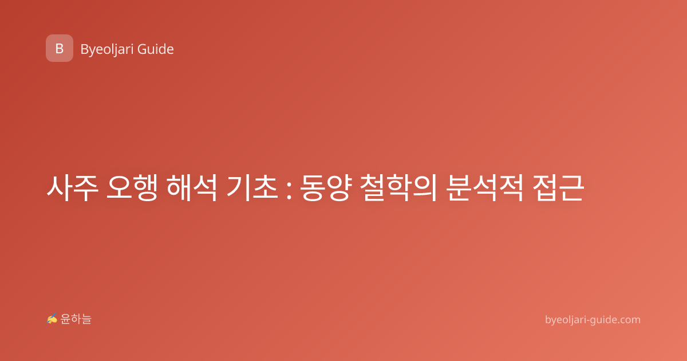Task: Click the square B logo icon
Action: pos(60,48)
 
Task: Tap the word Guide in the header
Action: pos(156,49)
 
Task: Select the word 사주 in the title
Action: pos(72,188)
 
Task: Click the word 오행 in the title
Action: pos(132,188)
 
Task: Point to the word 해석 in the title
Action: pos(192,188)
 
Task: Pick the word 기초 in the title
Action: pos(252,188)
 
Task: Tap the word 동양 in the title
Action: pos(325,188)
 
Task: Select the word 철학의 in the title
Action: pos(398,188)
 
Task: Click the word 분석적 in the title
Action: pos(485,188)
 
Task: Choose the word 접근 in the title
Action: pos(558,188)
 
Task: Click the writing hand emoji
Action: pos(52,319)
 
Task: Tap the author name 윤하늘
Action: pos(76,319)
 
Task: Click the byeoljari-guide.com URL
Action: pos(593,320)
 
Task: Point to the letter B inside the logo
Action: pos(60,49)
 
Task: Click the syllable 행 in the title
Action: pos(145,188)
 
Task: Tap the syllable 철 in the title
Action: pos(373,188)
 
